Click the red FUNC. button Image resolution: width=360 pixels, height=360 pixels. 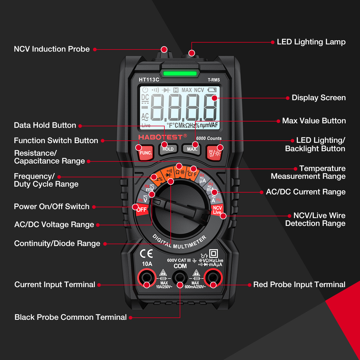[x=145, y=152]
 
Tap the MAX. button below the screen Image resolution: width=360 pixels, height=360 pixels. [x=191, y=149]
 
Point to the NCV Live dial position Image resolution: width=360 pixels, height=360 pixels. [x=217, y=210]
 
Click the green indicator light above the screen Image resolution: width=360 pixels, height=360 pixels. [x=180, y=73]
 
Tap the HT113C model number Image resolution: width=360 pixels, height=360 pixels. [x=149, y=80]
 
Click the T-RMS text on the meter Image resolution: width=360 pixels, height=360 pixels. [x=214, y=80]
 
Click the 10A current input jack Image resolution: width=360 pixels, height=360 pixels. [x=147, y=277]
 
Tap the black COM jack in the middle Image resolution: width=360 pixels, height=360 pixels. [x=180, y=277]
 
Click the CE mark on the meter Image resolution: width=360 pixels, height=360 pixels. [x=146, y=254]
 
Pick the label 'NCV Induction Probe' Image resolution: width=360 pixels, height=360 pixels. [x=52, y=49]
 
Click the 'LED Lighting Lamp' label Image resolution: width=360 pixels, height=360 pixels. [x=311, y=42]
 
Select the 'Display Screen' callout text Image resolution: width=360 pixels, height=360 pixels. [x=319, y=98]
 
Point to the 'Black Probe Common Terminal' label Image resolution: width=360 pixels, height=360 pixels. [x=70, y=317]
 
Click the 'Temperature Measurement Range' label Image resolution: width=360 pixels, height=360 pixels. [x=308, y=172]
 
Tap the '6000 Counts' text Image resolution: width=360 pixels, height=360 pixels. [x=209, y=138]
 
